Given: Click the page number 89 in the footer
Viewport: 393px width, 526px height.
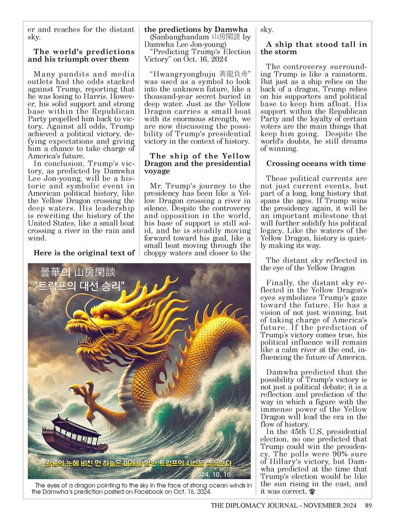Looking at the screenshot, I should click(x=368, y=506).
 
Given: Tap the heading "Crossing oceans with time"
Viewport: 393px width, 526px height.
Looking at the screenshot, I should click(x=316, y=163).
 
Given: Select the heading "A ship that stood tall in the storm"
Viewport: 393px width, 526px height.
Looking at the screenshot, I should click(x=314, y=48).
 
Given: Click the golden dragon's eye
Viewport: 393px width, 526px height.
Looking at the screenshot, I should click(x=108, y=317).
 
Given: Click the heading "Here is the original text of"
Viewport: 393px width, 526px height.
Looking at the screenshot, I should click(x=84, y=253).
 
